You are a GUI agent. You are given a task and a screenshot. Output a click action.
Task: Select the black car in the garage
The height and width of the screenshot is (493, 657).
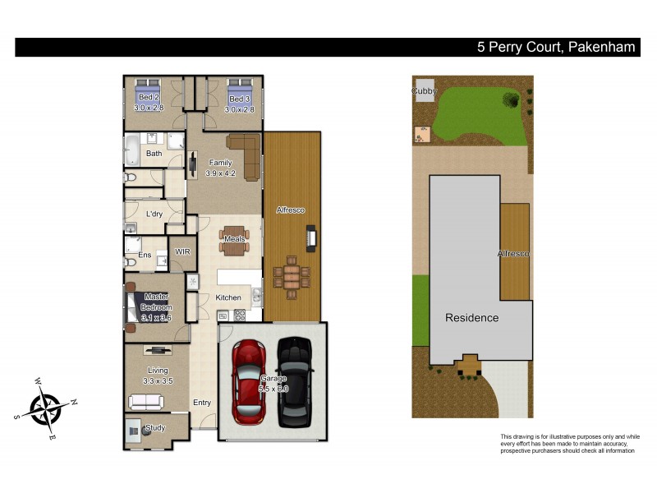(295, 382)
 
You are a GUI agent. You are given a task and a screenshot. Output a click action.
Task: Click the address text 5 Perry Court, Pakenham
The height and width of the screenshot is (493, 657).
(556, 48)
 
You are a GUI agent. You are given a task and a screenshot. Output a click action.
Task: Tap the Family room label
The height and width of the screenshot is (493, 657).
(220, 163)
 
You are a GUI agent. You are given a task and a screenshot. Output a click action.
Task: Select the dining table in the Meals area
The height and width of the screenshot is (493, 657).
(233, 239)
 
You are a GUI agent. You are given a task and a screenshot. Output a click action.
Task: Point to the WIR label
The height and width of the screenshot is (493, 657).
(182, 251)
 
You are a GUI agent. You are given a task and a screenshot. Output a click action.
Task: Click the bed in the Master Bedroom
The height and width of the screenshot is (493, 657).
(136, 306)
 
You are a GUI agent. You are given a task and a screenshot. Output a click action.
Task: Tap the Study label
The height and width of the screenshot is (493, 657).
(154, 428)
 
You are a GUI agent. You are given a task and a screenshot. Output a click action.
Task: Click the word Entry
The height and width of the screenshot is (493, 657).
(202, 403)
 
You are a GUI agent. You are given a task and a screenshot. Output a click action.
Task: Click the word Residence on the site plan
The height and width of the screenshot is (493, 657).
(471, 317)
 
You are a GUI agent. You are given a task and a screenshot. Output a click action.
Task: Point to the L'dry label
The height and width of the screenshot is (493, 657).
(154, 214)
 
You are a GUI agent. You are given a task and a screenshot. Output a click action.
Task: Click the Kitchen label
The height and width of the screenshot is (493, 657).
(227, 297)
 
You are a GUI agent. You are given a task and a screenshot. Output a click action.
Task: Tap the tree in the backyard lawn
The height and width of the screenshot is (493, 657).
(510, 102)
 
